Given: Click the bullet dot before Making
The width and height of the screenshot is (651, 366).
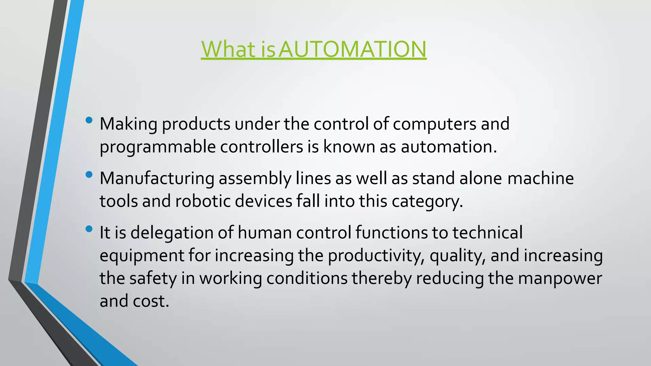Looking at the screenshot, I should (x=89, y=120).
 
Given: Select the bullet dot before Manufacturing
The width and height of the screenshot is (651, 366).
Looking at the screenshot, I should (x=89, y=174).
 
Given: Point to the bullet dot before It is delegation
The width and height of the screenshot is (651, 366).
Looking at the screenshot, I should (x=89, y=229).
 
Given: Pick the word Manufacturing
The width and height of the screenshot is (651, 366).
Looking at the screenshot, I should (x=157, y=178).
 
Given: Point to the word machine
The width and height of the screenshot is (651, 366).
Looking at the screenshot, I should (x=540, y=178).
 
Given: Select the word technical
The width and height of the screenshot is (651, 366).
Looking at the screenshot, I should (x=487, y=233).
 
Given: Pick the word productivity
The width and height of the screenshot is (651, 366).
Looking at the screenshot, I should (x=376, y=256).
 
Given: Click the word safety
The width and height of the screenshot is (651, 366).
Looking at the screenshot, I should (x=153, y=279).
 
